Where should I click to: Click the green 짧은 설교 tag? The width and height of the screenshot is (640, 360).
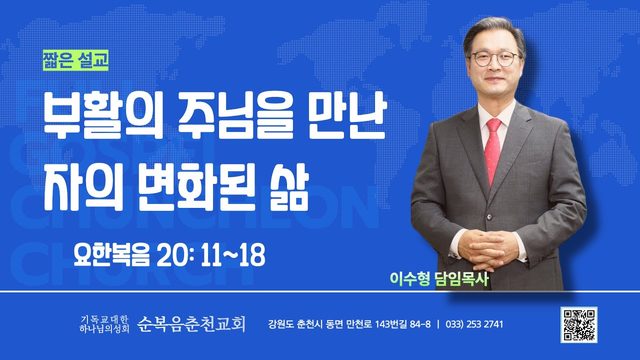click(76, 60)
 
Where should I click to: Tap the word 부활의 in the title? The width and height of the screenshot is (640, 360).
click(103, 116)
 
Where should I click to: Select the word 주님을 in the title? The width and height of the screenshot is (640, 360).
click(236, 116)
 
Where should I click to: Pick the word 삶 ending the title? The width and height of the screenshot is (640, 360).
click(288, 187)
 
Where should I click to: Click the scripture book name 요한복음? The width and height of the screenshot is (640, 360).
click(111, 255)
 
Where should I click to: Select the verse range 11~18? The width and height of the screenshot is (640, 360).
click(233, 255)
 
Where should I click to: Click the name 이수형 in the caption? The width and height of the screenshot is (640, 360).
click(410, 279)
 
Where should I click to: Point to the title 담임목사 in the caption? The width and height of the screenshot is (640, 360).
click(461, 279)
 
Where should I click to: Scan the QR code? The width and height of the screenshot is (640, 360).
click(579, 325)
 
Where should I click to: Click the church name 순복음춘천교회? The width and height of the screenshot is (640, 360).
click(191, 324)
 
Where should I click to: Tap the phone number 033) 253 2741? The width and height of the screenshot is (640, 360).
click(475, 324)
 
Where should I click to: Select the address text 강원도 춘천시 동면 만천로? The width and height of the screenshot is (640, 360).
click(320, 324)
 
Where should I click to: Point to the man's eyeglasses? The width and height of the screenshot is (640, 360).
click(495, 59)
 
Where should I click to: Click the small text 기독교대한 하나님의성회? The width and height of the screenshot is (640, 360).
click(104, 323)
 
